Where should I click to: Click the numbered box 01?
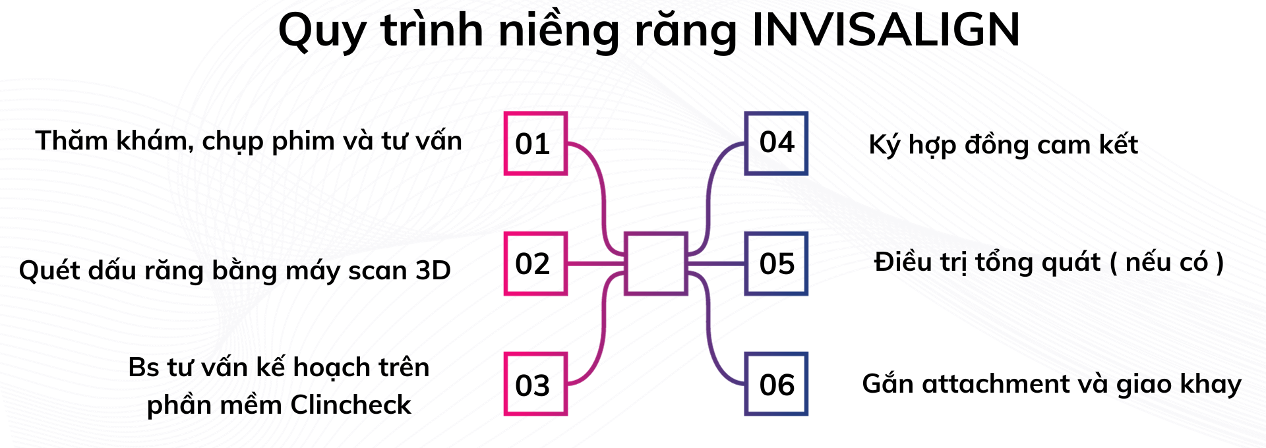click(535, 144)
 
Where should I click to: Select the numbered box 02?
click(535, 264)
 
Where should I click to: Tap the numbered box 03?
click(535, 384)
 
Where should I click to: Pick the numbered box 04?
click(776, 143)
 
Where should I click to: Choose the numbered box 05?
click(776, 264)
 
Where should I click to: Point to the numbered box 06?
click(776, 384)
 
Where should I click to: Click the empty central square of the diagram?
click(656, 264)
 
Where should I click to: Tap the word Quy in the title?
click(322, 32)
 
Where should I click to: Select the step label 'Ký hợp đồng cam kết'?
click(1003, 145)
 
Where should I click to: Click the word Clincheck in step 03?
click(351, 405)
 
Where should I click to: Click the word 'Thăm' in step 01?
click(71, 140)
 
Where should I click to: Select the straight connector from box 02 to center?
click(595, 264)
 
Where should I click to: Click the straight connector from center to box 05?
click(716, 264)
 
